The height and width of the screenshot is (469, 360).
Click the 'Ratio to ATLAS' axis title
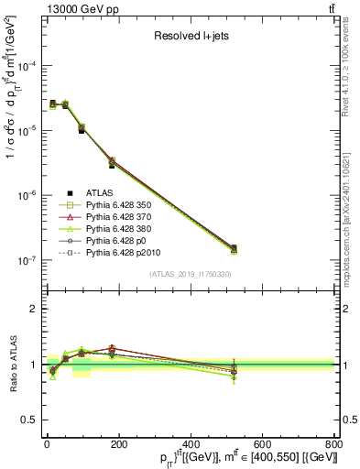pos(12,365)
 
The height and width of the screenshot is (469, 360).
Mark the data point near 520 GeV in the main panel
pos(234,248)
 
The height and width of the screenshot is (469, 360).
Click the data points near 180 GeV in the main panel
pos(111,162)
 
